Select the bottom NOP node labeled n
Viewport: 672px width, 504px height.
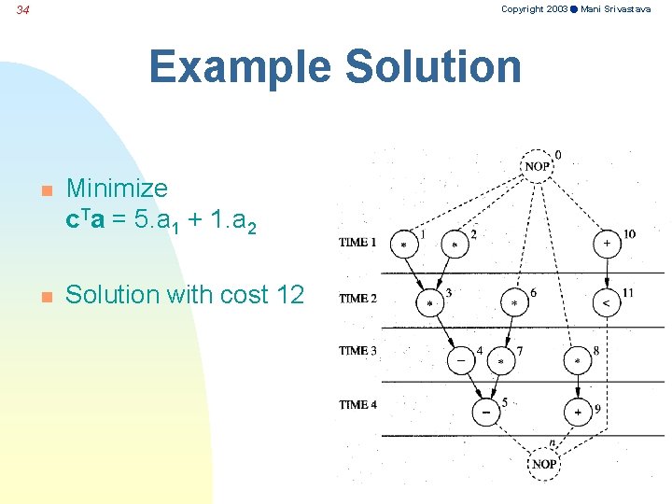[x=544, y=464]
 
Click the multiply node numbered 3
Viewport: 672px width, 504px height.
[x=430, y=303]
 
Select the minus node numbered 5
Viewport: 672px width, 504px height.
[x=485, y=412]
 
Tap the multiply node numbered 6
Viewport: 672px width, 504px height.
[x=514, y=303]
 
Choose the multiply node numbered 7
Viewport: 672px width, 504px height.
[x=501, y=359]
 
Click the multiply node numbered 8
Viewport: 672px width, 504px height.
[x=577, y=359]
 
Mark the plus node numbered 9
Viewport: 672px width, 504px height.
[x=577, y=412]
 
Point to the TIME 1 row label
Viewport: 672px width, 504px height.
[x=358, y=243]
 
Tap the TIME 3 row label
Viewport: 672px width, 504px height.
[x=358, y=351]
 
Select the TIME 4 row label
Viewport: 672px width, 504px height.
[x=358, y=405]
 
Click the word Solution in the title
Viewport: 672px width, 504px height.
[x=432, y=67]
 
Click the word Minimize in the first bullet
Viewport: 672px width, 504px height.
[x=118, y=189]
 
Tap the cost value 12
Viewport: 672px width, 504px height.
[x=289, y=295]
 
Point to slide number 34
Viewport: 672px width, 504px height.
[x=23, y=10]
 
